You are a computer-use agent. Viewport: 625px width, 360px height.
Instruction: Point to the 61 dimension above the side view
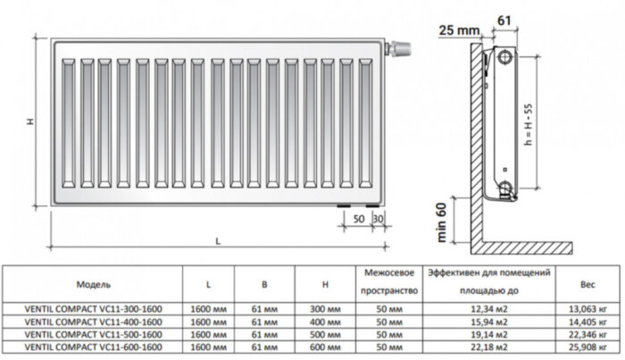coord(504,18)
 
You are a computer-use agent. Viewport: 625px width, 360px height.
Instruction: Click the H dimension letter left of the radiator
coord(29,121)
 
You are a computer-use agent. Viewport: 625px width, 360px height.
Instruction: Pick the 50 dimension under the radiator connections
coord(357,218)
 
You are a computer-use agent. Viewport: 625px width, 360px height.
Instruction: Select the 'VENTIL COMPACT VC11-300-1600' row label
coord(94,308)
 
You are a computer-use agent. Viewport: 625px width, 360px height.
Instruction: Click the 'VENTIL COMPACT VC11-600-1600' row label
coord(94,345)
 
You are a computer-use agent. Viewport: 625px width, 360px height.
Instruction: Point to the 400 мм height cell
coord(328,321)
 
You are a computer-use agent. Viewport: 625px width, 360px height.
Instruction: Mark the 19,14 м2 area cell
coord(487,332)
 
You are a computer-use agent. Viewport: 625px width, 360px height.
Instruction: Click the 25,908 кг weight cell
coord(587,345)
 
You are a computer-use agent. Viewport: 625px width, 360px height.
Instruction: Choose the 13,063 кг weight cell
coord(587,308)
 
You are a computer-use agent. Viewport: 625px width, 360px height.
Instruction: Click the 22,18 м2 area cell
coord(487,345)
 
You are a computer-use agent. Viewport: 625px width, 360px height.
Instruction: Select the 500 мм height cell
coord(328,332)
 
